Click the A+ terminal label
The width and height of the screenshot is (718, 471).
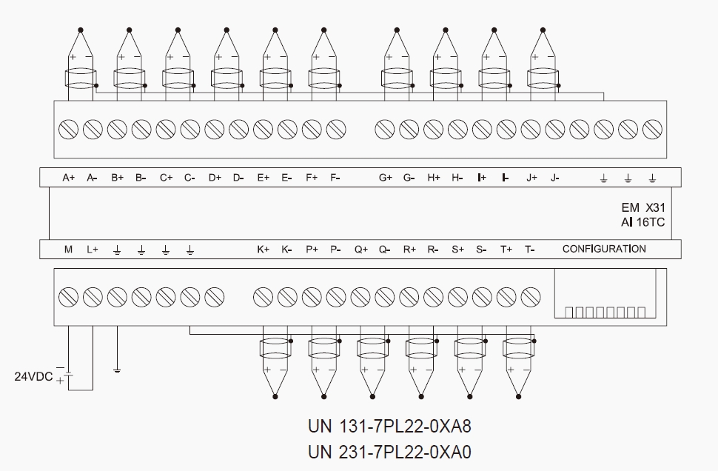click(69, 178)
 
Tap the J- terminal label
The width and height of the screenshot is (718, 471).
click(555, 178)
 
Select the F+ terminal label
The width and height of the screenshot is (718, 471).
click(312, 178)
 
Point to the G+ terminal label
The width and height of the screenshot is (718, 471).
click(386, 178)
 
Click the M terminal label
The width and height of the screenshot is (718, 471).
click(68, 250)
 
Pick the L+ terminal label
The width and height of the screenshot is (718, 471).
click(93, 250)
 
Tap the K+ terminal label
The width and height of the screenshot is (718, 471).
click(264, 250)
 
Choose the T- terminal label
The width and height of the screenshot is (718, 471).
click(530, 250)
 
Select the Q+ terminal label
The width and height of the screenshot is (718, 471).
click(360, 250)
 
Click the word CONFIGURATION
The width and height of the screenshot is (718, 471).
click(604, 249)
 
